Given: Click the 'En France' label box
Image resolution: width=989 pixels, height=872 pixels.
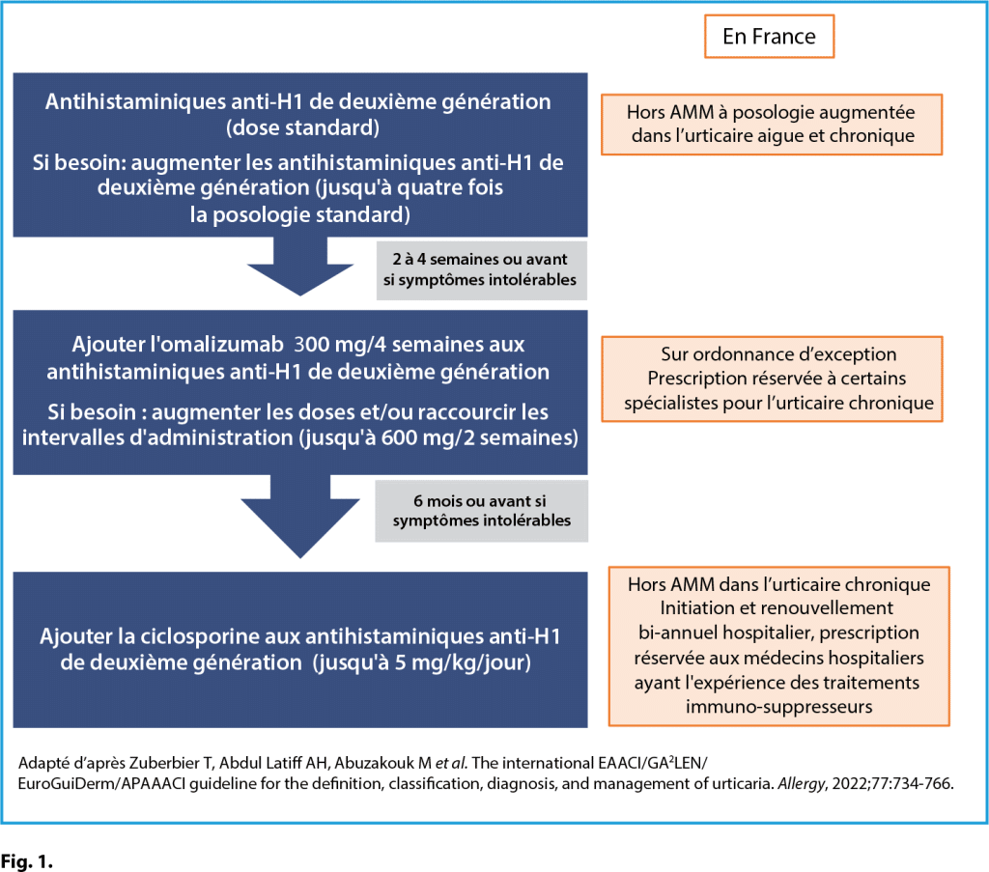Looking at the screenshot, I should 769,37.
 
